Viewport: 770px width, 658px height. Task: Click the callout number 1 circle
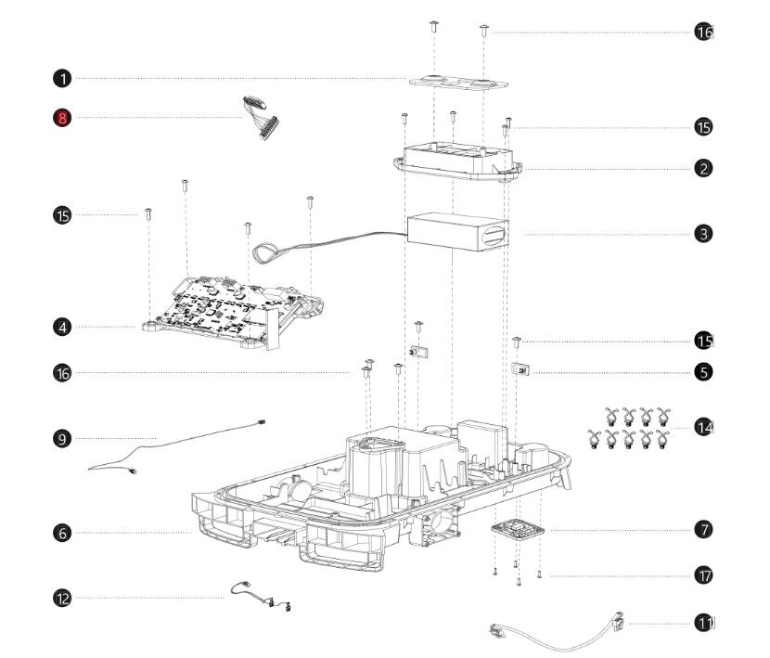tap(62, 78)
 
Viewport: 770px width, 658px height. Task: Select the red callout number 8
tap(62, 118)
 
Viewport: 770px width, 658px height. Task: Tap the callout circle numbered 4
tap(62, 327)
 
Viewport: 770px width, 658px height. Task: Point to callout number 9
tap(62, 437)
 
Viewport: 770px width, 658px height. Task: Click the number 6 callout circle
tap(62, 533)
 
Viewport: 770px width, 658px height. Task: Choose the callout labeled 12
tap(62, 599)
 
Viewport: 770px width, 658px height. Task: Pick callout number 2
tap(704, 168)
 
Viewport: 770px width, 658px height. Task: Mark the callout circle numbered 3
tap(704, 234)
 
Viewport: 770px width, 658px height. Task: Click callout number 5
tap(704, 371)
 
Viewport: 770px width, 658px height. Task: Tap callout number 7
tap(704, 530)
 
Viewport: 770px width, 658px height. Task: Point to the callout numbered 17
tap(704, 575)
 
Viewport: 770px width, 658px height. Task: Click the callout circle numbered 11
tap(704, 624)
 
